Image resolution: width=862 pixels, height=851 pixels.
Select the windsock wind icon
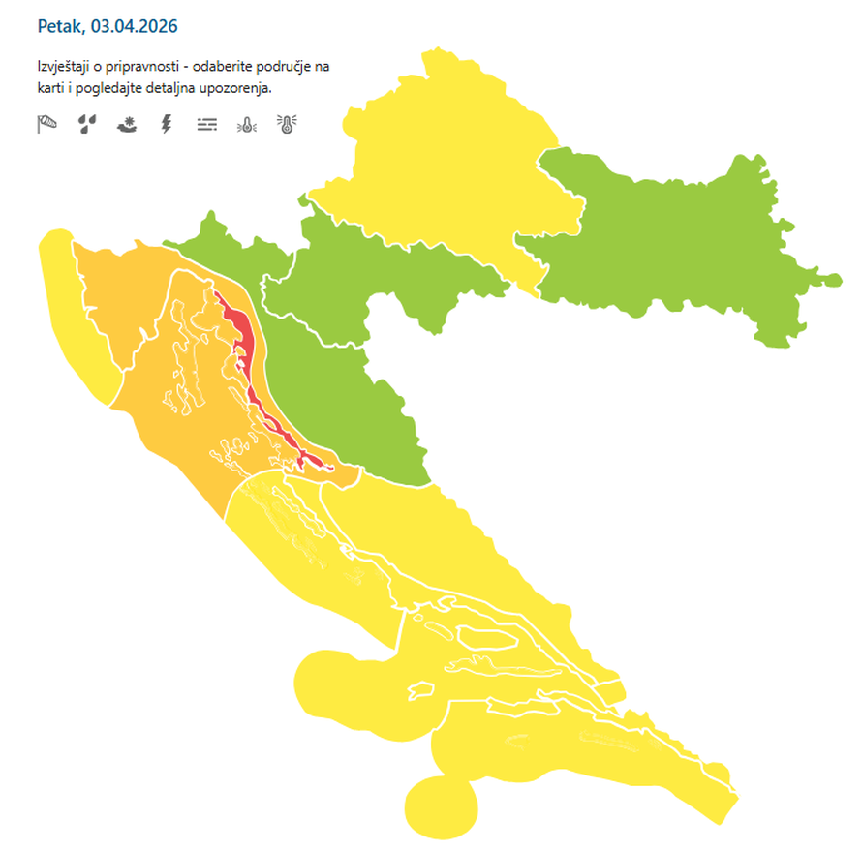click(47, 124)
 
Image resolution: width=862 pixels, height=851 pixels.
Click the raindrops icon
click(87, 124)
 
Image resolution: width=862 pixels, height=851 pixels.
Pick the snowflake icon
click(127, 124)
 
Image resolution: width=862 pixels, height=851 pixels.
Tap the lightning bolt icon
click(166, 124)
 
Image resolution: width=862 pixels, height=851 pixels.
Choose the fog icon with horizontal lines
click(206, 124)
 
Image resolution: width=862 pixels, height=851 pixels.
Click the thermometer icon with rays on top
click(287, 124)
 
